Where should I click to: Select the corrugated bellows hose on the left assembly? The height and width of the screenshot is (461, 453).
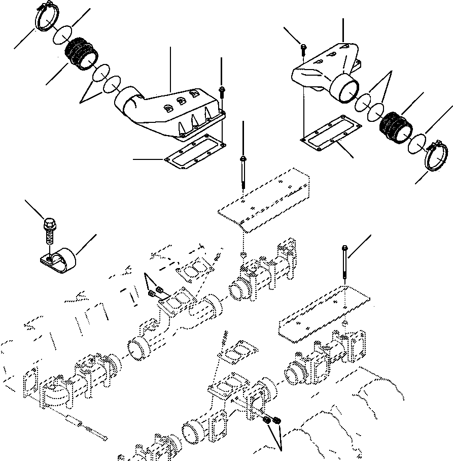[x=82, y=53]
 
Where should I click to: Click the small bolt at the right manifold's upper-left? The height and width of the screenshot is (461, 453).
[x=303, y=48]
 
